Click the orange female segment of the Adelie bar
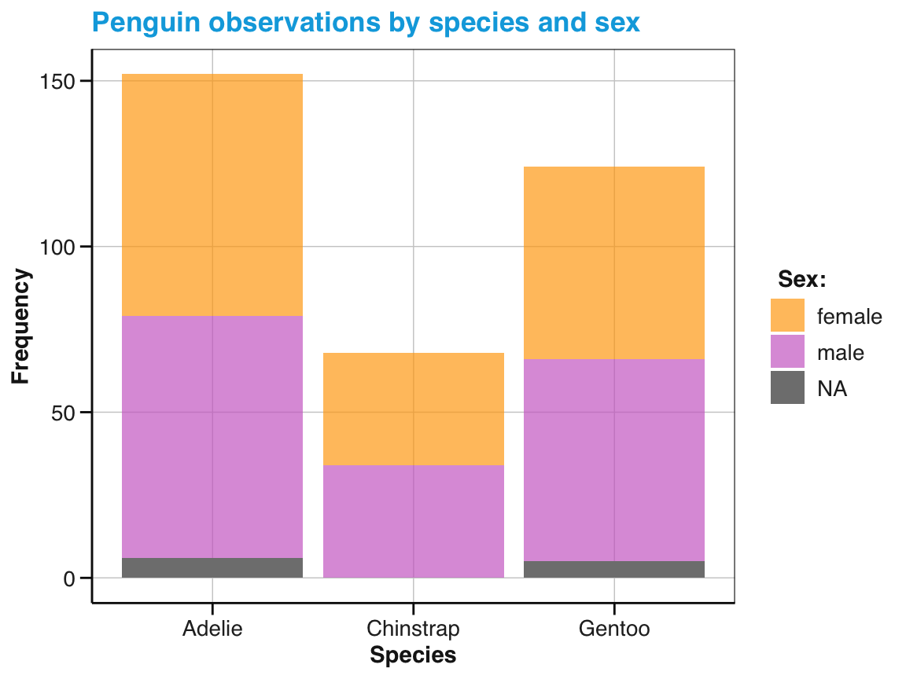(212, 195)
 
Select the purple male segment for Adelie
(212, 437)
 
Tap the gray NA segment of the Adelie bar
(212, 567)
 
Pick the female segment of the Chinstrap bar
(413, 409)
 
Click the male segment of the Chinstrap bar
(413, 521)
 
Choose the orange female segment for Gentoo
(613, 262)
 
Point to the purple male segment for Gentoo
(613, 460)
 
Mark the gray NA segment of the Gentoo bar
(613, 569)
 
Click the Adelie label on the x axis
(212, 629)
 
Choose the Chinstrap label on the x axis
(413, 629)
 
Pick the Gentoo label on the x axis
(613, 629)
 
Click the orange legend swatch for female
(787, 315)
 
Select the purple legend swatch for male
(787, 351)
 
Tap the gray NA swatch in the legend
(787, 387)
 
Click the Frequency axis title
(21, 326)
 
